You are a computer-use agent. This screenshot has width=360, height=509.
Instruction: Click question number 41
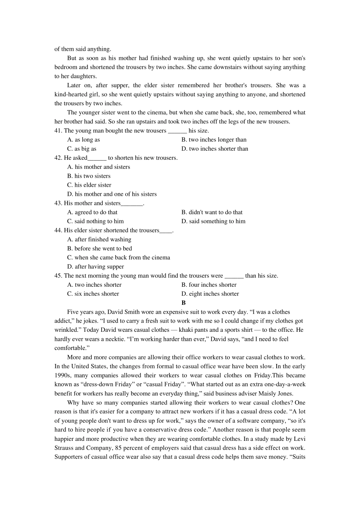coord(58,131)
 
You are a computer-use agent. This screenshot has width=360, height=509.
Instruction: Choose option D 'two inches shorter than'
coord(214,149)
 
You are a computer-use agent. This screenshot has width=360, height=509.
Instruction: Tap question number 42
coord(58,158)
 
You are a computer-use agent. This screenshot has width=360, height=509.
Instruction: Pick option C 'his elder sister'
coord(89,185)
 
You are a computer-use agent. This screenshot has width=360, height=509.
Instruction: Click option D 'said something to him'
coord(213,222)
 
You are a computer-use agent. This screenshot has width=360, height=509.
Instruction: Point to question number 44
coord(58,230)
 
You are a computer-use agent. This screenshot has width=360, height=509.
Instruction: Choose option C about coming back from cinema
coord(118,258)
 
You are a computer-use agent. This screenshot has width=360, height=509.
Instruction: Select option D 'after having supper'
coord(95,267)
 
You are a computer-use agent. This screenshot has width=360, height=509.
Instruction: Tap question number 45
coord(58,276)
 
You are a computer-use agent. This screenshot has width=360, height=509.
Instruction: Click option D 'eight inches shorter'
coord(210,294)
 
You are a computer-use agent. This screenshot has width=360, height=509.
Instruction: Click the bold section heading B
coord(183,303)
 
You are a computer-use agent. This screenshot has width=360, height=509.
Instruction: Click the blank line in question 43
coord(131,204)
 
